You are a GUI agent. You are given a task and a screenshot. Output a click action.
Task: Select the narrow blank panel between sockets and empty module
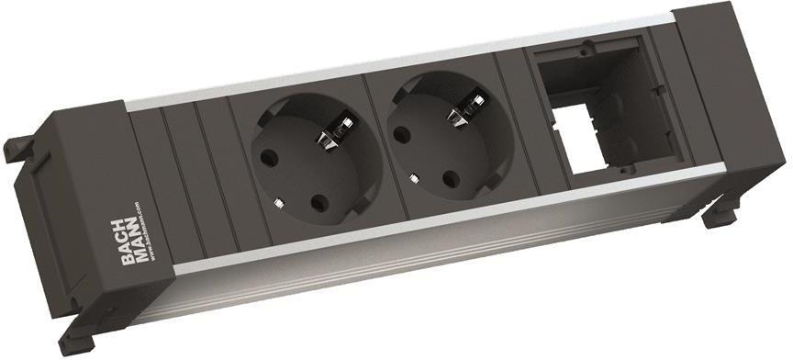coord(513,119)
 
